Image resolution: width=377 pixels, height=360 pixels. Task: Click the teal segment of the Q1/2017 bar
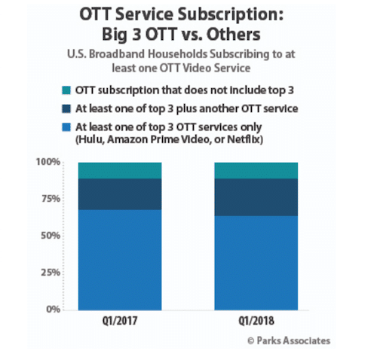coord(120,171)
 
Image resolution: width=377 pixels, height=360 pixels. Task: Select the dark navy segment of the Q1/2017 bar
coord(120,194)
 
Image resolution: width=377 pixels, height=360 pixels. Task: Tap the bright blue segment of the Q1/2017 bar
coord(120,260)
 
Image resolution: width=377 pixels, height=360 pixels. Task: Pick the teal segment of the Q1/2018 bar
coord(256,171)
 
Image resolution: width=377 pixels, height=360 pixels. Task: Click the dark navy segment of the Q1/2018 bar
coord(256,197)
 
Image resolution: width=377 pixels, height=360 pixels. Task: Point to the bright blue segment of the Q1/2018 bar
coord(256,263)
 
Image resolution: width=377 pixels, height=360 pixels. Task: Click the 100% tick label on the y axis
coord(48,162)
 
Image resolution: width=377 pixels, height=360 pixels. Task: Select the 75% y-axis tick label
coord(51,199)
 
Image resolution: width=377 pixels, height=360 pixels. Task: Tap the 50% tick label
coord(51,236)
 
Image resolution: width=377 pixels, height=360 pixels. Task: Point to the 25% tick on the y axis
coord(51,273)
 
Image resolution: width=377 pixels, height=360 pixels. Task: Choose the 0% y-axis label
coord(54,310)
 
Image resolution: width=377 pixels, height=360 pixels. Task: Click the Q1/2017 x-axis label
coord(120,321)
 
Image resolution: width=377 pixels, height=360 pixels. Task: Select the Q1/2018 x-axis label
coord(256,321)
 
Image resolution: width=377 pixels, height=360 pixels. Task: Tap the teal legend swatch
coord(66,90)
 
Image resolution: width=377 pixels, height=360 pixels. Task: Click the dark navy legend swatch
coord(66,108)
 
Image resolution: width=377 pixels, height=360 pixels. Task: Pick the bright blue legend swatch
coord(66,127)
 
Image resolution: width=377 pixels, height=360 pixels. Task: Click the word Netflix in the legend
coord(245,139)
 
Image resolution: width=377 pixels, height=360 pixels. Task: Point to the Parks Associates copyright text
coord(289,340)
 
